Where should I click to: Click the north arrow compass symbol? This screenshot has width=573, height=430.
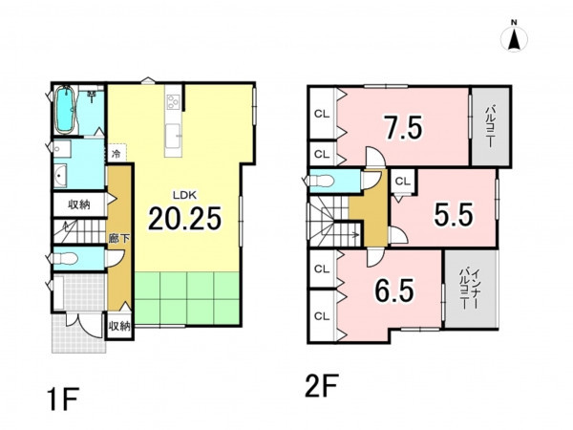pyautogui.click(x=514, y=37)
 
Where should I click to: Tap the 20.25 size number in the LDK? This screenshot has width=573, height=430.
pyautogui.click(x=185, y=219)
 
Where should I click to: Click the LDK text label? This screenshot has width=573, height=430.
pyautogui.click(x=184, y=195)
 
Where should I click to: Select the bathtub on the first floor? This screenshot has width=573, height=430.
pyautogui.click(x=66, y=109)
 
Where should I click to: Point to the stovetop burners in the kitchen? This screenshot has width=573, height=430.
pyautogui.click(x=173, y=101)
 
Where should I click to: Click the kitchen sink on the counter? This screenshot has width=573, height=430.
pyautogui.click(x=173, y=136)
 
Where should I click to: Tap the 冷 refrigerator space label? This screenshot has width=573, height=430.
pyautogui.click(x=116, y=154)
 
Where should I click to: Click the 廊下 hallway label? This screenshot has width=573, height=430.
pyautogui.click(x=119, y=239)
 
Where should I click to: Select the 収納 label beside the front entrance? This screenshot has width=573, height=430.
pyautogui.click(x=119, y=326)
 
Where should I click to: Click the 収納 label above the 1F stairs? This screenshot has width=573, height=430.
pyautogui.click(x=79, y=204)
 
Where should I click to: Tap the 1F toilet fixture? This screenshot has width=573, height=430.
pyautogui.click(x=65, y=258)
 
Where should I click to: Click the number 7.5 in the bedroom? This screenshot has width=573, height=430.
pyautogui.click(x=404, y=128)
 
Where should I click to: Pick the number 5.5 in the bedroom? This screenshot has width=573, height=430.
pyautogui.click(x=453, y=214)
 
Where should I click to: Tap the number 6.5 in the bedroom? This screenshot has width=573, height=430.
pyautogui.click(x=394, y=290)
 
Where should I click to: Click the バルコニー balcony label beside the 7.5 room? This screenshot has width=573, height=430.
pyautogui.click(x=491, y=126)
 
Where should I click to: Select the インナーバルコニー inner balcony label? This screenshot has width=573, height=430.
pyautogui.click(x=469, y=289)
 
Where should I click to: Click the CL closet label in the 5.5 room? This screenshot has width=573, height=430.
pyautogui.click(x=403, y=182)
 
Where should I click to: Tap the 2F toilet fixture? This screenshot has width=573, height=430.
pyautogui.click(x=321, y=181)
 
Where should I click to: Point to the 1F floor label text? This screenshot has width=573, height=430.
pyautogui.click(x=63, y=400)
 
